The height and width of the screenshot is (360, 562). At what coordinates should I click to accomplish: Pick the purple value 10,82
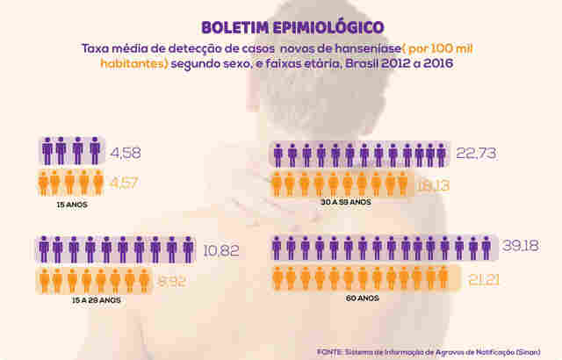221,250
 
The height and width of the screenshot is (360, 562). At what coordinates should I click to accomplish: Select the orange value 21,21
477,279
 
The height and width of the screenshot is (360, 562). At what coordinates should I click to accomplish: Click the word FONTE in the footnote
330,350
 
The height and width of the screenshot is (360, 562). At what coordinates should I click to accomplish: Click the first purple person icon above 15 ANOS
48,151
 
